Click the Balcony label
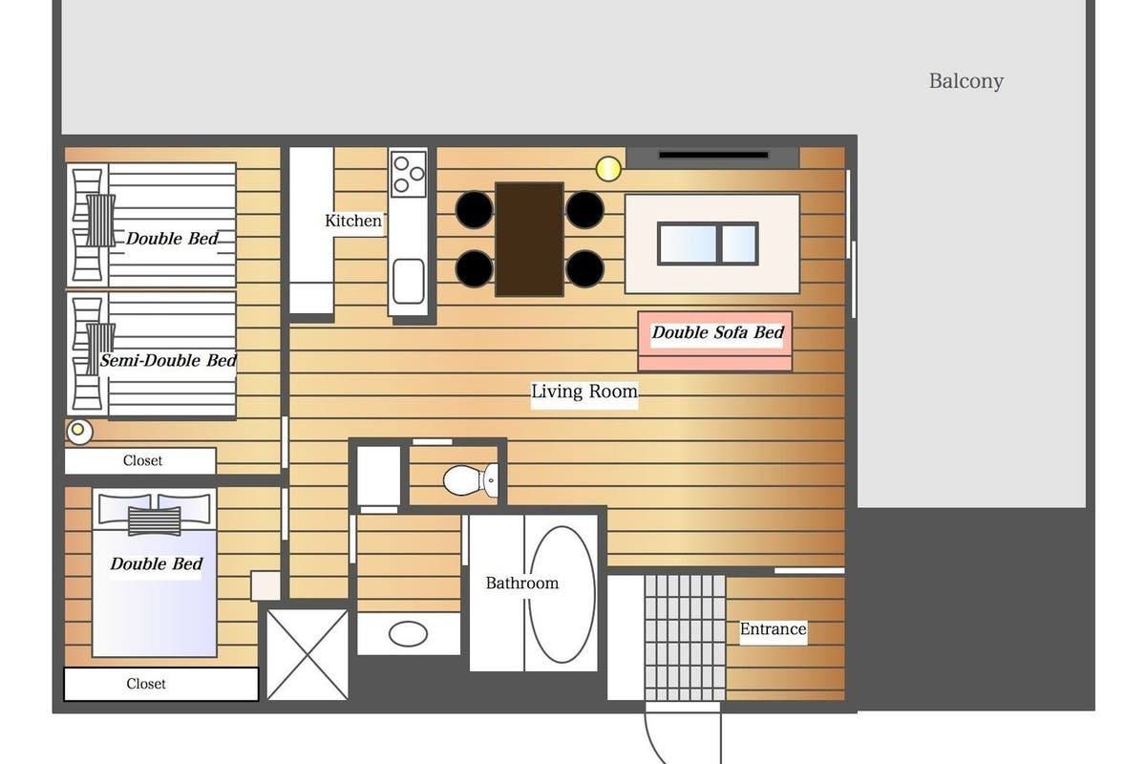[x=966, y=81]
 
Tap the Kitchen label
[x=353, y=221]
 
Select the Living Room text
[x=584, y=392]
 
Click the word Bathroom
[x=521, y=583]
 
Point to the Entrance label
[x=773, y=628]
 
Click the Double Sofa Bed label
[x=717, y=332]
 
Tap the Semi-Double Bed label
[x=168, y=360]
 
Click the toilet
[x=471, y=480]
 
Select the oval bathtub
[x=562, y=594]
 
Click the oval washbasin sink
[x=408, y=634]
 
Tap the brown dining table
[x=529, y=239]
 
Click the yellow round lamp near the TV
[x=608, y=168]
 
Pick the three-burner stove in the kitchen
[x=409, y=174]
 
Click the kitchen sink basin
[x=409, y=281]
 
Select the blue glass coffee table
[x=708, y=244]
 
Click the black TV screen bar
[x=713, y=155]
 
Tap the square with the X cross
[x=308, y=654]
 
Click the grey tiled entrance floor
[x=685, y=638]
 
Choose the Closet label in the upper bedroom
[x=142, y=460]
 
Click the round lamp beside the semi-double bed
[x=78, y=431]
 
